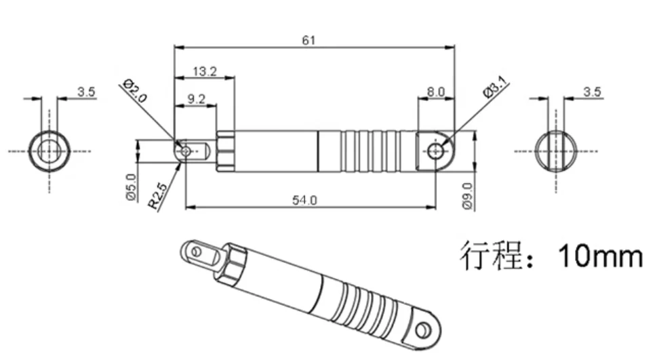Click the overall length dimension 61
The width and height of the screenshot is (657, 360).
point(308,40)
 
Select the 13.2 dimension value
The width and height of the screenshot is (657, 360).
point(204,71)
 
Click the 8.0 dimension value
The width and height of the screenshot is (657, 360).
point(435,92)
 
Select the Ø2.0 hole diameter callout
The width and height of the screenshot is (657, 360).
point(135,90)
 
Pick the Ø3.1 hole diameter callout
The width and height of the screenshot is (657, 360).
point(494,90)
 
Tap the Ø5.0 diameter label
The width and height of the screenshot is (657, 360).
point(131,186)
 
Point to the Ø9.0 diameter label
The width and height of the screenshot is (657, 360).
point(466,196)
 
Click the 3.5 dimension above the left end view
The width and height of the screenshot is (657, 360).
point(86,92)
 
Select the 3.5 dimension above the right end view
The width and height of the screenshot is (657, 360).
point(592,92)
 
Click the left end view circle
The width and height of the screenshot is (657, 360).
point(49,150)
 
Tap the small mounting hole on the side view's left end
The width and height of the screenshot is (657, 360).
point(184,150)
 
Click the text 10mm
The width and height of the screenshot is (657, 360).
point(599,257)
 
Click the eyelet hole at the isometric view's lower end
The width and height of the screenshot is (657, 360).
point(424,330)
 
